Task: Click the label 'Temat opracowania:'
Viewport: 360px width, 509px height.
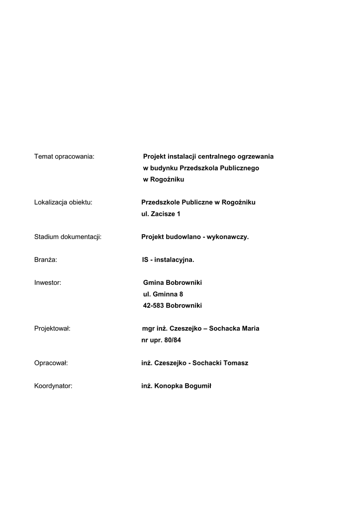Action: point(64,157)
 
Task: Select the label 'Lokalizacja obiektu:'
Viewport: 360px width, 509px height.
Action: point(63,202)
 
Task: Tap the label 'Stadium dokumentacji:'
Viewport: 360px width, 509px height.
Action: point(68,237)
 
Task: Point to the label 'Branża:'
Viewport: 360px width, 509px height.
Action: point(46,260)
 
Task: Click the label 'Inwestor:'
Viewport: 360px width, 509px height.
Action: point(48,283)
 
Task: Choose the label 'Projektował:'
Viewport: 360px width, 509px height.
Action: point(52,329)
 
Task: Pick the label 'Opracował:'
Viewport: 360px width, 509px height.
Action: point(51,363)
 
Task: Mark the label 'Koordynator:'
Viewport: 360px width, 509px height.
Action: point(53,386)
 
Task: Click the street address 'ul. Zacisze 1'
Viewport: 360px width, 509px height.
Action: point(161,214)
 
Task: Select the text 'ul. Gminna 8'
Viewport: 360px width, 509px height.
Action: point(163,294)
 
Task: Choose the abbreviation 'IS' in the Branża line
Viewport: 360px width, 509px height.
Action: point(145,260)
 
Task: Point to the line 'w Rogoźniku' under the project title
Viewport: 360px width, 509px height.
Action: point(163,179)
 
